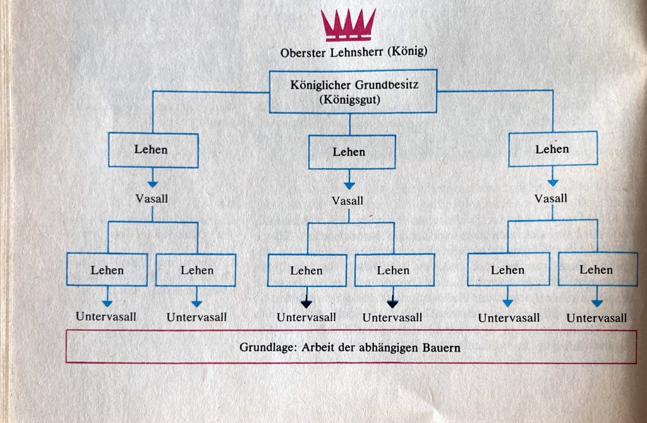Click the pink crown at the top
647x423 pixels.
point(348,23)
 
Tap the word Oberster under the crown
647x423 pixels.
point(302,52)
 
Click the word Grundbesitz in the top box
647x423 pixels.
point(390,85)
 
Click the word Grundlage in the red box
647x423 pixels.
point(265,347)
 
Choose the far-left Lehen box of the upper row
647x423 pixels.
point(152,150)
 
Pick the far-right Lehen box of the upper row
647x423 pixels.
point(552,149)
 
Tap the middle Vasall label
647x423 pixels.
point(348,200)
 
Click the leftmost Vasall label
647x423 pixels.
point(152,198)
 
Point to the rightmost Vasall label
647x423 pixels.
point(551,199)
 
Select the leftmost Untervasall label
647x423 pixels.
point(107,316)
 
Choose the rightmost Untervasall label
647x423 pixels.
point(596,317)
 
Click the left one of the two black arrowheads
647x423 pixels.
point(306,302)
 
